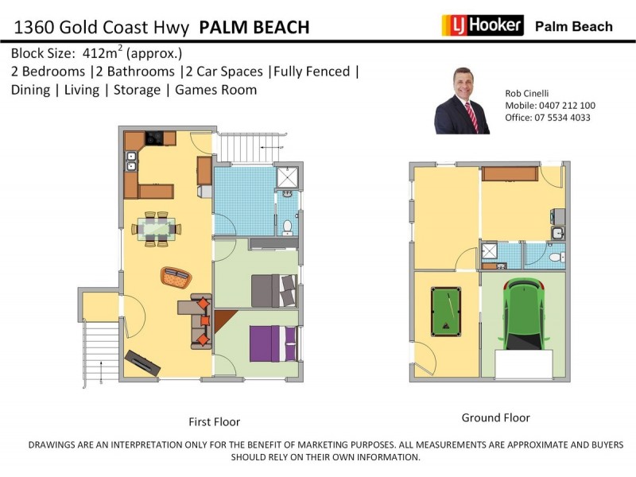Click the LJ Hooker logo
[483, 25]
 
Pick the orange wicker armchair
[176, 277]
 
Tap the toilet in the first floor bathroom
[288, 227]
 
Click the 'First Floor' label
[214, 422]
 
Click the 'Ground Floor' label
[495, 418]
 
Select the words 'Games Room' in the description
[216, 90]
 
